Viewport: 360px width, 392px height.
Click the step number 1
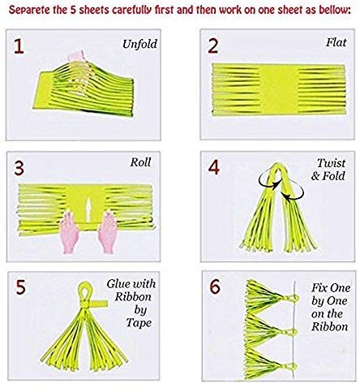click(x=19, y=46)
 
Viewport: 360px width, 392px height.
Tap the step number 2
click(x=213, y=46)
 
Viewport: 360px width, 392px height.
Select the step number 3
click(x=19, y=168)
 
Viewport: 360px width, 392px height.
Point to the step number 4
click(x=214, y=167)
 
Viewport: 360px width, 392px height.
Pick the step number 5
click(x=21, y=287)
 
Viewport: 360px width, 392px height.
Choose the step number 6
click(x=215, y=287)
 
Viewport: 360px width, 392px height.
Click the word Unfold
click(x=139, y=44)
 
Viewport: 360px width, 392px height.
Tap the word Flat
click(x=336, y=42)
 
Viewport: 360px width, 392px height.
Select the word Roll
click(x=140, y=162)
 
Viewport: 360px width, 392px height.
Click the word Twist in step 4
click(x=331, y=163)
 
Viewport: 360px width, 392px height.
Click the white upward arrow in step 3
click(x=88, y=209)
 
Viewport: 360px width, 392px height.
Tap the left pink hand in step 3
click(x=69, y=232)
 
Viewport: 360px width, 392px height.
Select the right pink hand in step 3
click(x=108, y=232)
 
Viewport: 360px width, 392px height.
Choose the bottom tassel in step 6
click(x=269, y=364)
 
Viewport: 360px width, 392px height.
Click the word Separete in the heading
click(x=29, y=11)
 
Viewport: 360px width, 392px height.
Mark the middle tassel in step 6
click(x=270, y=330)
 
